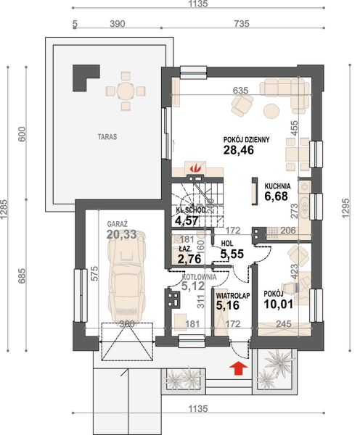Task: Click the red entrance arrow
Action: tap(239, 368)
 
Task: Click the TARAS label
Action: tap(107, 137)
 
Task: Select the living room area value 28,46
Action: tap(239, 150)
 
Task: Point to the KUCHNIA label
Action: tap(277, 186)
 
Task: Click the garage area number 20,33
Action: tap(122, 234)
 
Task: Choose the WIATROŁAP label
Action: tap(233, 296)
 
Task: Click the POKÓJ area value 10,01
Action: tap(279, 304)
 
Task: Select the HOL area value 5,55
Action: tap(232, 254)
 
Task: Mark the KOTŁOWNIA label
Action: tap(199, 277)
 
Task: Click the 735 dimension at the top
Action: tap(242, 24)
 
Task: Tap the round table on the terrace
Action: tap(126, 91)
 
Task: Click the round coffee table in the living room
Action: tap(271, 111)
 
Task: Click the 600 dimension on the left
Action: tap(22, 134)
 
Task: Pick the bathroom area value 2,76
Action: tap(189, 259)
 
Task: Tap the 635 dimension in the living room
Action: tap(240, 91)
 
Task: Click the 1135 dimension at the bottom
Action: tap(198, 409)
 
